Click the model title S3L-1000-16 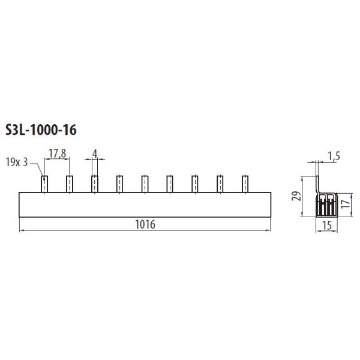coord(41,130)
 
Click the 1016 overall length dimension coord(145,224)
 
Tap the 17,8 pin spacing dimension coord(58,153)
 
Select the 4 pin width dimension coord(95,154)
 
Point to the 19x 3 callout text coord(17,163)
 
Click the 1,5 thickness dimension coord(334,157)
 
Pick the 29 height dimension coord(296,196)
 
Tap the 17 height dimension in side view coord(346,204)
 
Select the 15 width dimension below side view coord(327,226)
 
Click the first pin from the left coord(44,184)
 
